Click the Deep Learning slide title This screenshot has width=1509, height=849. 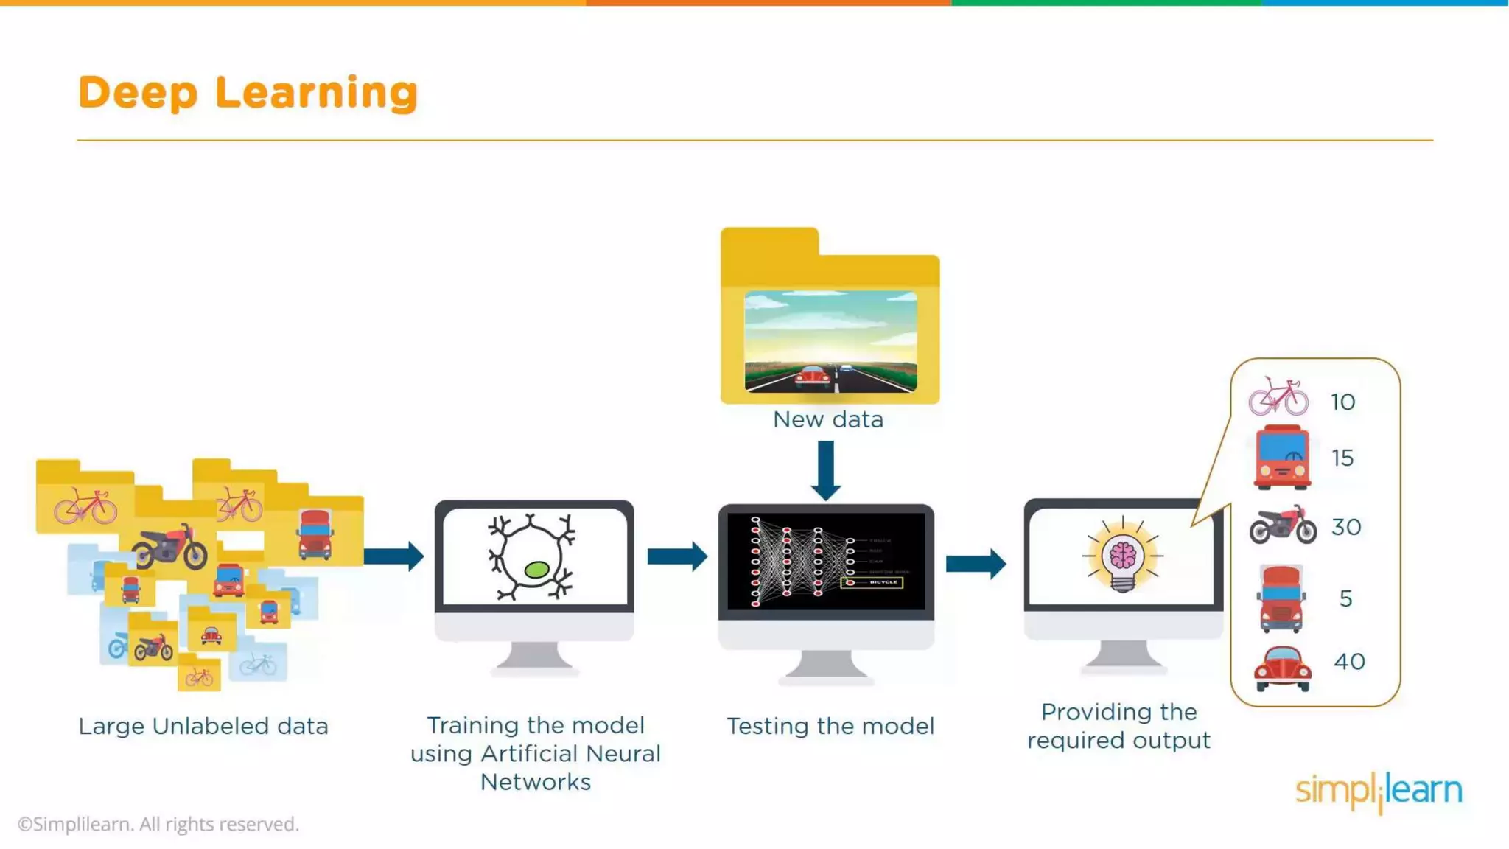[x=248, y=93]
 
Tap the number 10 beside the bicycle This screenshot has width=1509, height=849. [x=1342, y=402]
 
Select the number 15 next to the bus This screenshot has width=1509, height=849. [x=1342, y=458]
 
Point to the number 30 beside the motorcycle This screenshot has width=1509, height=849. [x=1345, y=527]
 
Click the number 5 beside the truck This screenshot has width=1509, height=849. [x=1345, y=598]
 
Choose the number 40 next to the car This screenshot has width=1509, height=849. [x=1349, y=661]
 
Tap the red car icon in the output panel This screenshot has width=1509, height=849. [x=1282, y=667]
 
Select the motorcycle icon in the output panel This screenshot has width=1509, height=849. [x=1283, y=525]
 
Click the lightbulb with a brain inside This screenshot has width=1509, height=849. [x=1122, y=556]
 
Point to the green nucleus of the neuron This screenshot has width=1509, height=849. [x=536, y=569]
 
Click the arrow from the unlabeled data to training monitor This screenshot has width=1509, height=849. [x=393, y=556]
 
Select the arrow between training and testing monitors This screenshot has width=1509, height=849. [x=677, y=556]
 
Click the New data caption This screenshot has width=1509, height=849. [x=827, y=419]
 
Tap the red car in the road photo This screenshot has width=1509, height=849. [x=812, y=377]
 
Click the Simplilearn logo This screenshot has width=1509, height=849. [x=1379, y=791]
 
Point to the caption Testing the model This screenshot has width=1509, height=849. [x=830, y=726]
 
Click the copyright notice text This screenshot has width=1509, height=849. [x=158, y=824]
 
